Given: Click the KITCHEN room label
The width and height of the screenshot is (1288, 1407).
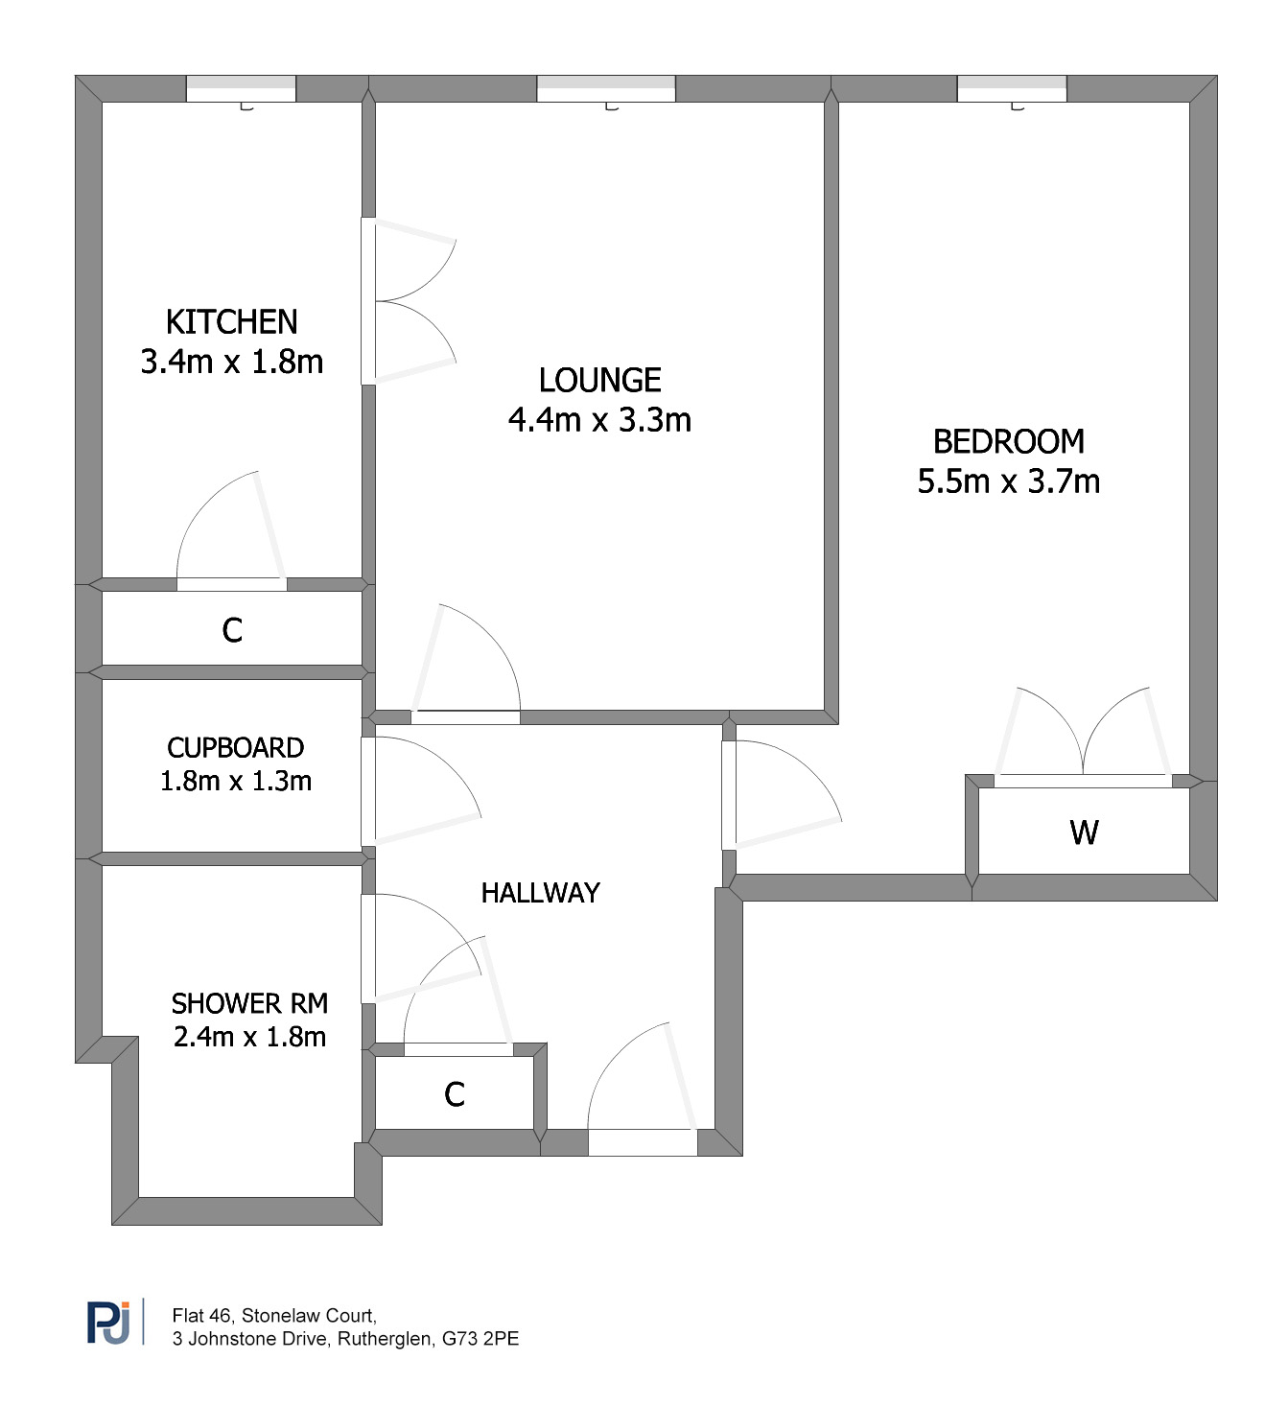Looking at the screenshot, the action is coord(231,322).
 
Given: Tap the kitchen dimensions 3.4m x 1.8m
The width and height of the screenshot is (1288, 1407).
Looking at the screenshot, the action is coord(231,362).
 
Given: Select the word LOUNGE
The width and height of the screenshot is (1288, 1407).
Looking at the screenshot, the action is coord(599,380).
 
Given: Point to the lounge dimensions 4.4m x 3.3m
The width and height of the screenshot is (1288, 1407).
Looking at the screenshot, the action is coord(599,420).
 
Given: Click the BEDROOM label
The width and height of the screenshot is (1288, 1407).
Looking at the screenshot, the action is coord(1009,442).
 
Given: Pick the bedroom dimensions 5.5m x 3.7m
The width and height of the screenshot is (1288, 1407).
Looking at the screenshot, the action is coord(1009,481).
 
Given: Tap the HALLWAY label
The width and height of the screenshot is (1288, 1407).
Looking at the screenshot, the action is coord(540,893).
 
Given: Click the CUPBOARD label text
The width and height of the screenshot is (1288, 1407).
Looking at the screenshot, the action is coord(236,748).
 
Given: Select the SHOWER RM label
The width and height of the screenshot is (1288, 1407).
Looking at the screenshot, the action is coord(249,1003).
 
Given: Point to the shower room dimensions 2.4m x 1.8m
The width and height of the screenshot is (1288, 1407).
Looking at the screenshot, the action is coord(249,1037).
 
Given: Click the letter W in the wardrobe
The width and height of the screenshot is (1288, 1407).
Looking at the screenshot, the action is coord(1084,832).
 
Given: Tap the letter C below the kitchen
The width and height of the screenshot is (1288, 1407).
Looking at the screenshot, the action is coord(232,630).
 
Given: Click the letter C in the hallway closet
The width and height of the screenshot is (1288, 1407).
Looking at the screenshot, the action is coord(455,1094).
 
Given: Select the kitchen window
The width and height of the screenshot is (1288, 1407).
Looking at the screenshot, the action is coord(241,89).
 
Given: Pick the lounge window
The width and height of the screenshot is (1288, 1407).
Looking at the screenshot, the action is coord(606,89).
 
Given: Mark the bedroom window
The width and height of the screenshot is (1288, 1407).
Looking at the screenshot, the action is coord(1013,89).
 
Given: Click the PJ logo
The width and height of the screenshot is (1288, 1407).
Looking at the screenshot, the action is coord(108,1323).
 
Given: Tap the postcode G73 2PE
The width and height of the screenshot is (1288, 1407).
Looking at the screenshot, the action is coord(480,1339).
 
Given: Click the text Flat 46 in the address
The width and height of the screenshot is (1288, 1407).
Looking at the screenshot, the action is coord(203,1315).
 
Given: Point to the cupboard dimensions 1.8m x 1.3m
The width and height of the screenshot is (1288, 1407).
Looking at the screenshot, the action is coord(236,781).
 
